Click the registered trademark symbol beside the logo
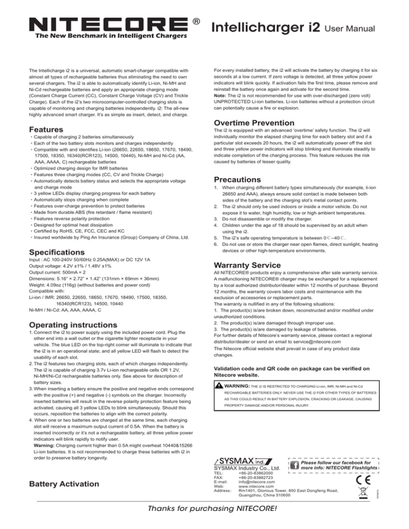tap(197, 22)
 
